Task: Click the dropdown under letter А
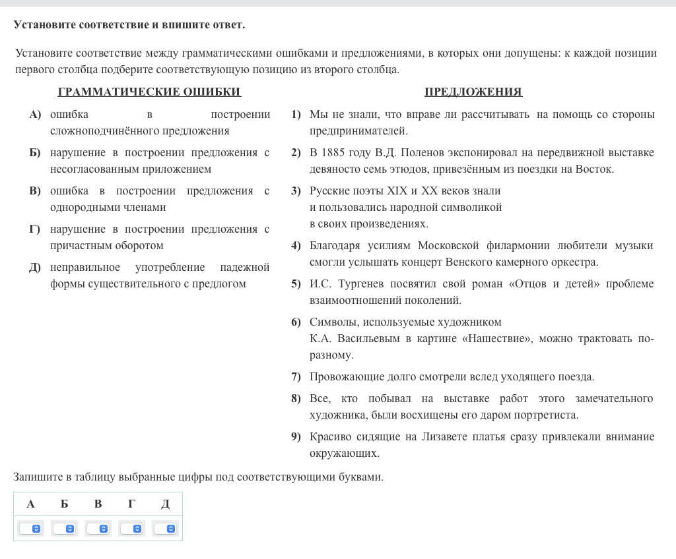[x=30, y=529]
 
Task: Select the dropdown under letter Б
[x=64, y=529]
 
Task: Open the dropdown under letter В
[x=98, y=529]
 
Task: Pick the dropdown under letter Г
[x=131, y=529]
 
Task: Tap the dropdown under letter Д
[x=165, y=529]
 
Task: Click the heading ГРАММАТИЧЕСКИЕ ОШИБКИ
[x=149, y=92]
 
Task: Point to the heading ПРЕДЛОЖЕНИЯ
[x=473, y=92]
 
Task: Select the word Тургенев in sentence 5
[x=360, y=284]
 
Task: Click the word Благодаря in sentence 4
[x=335, y=246]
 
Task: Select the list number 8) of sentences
[x=296, y=399]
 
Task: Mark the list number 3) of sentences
[x=296, y=191]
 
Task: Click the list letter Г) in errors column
[x=34, y=229]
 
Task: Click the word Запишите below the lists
[x=37, y=477]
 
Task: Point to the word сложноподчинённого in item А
[x=105, y=131]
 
